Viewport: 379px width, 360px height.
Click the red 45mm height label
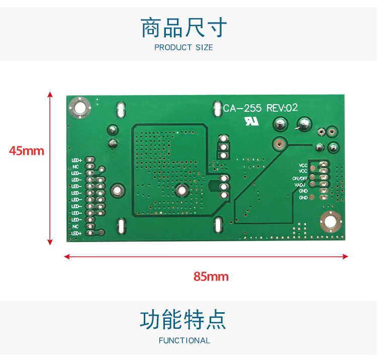[27, 150]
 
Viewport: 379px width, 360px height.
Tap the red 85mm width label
[211, 276]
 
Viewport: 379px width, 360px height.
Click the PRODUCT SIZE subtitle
[183, 48]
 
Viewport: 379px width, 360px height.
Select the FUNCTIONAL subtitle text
[184, 340]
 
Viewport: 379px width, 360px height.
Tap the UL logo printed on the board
[250, 122]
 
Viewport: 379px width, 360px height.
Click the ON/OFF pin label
[300, 178]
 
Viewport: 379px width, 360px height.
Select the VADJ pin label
[301, 185]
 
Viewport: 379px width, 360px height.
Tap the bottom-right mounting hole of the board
[330, 222]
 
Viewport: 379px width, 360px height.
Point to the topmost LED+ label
[76, 160]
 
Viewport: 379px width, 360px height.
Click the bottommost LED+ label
[76, 233]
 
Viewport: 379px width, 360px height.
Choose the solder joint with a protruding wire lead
[303, 124]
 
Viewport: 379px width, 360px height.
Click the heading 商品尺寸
[184, 28]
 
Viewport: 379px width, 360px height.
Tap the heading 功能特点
[183, 320]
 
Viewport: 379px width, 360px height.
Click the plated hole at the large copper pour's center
[181, 190]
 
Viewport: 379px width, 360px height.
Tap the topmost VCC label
[303, 165]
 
